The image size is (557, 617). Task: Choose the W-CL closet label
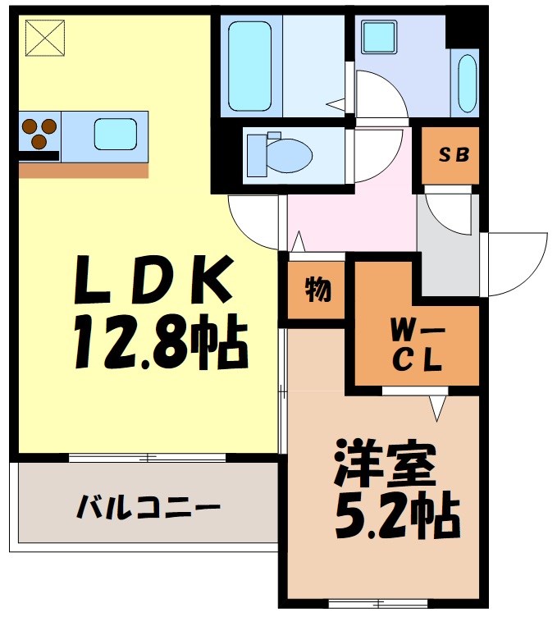(416, 345)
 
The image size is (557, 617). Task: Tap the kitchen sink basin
(115, 133)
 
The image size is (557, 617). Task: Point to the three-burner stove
(39, 133)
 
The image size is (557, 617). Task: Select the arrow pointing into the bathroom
(336, 104)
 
